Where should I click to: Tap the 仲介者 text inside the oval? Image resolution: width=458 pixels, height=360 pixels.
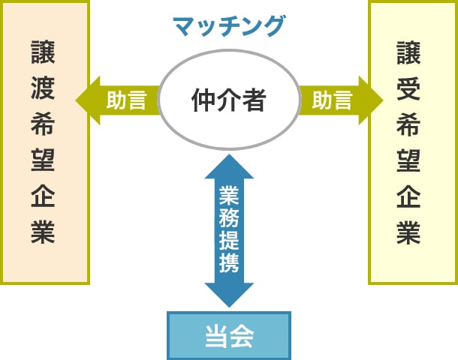pos(229,100)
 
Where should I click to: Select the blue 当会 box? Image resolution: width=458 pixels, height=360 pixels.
pos(229,335)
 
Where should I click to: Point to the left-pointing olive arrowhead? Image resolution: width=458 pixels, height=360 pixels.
pos(85,100)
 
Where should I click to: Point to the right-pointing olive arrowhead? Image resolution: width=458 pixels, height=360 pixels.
pos(372,100)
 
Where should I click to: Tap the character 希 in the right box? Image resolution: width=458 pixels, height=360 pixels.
pos(408,126)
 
